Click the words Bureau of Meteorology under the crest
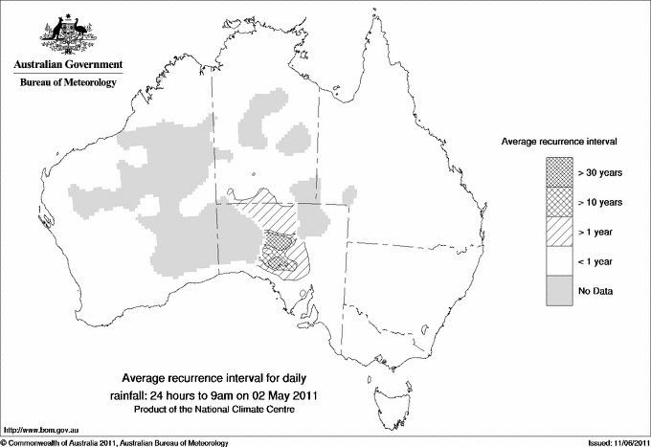[68, 83]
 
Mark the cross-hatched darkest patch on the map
[279, 257]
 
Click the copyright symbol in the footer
[4, 442]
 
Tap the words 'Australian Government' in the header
[68, 65]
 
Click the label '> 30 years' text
[600, 172]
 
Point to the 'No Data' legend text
[595, 291]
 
